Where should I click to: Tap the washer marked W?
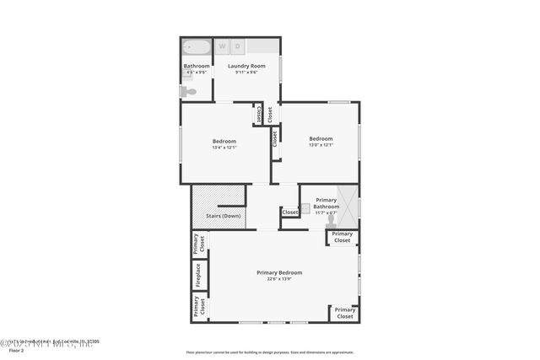pyautogui.click(x=224, y=46)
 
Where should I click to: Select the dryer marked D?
pyautogui.click(x=238, y=46)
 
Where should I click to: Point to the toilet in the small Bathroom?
pyautogui.click(x=191, y=91)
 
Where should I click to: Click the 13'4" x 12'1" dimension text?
pyautogui.click(x=224, y=148)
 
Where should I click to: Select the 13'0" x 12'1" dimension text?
pyautogui.click(x=321, y=145)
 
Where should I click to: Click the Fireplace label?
pyautogui.click(x=198, y=276)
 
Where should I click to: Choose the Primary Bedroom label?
pyautogui.click(x=279, y=272)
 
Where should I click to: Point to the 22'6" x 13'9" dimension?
pyautogui.click(x=279, y=279)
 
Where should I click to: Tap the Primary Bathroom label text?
pyautogui.click(x=326, y=203)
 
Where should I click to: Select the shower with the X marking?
pyautogui.click(x=349, y=203)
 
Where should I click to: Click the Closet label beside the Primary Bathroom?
pyautogui.click(x=290, y=212)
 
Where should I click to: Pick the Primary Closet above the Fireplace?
pyautogui.click(x=198, y=244)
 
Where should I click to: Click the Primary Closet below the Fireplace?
pyautogui.click(x=198, y=307)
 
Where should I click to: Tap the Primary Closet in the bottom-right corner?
pyautogui.click(x=344, y=313)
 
